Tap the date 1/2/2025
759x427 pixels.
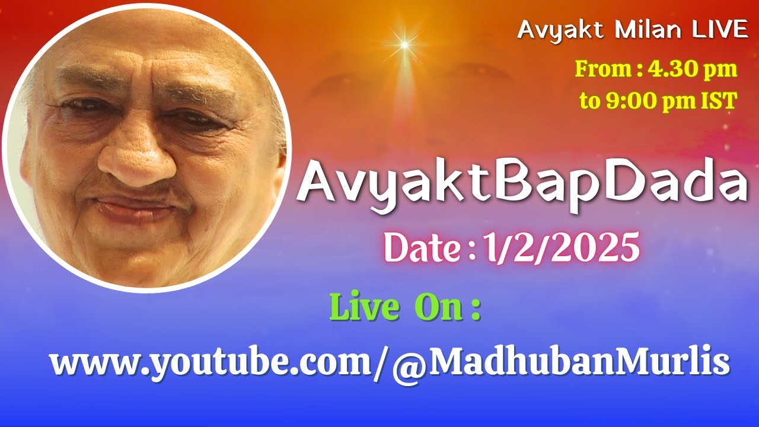point(561,247)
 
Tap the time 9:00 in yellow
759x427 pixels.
point(629,101)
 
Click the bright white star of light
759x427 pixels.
point(405,44)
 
